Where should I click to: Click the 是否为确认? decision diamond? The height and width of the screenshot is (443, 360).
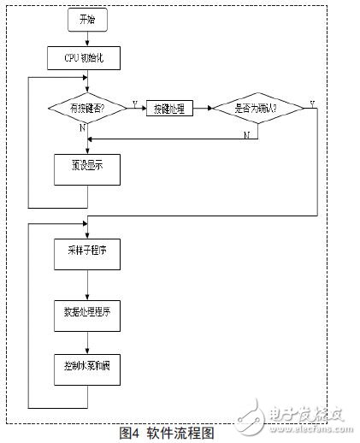(x=257, y=108)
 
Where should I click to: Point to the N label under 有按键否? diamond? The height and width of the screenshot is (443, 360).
(x=80, y=127)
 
